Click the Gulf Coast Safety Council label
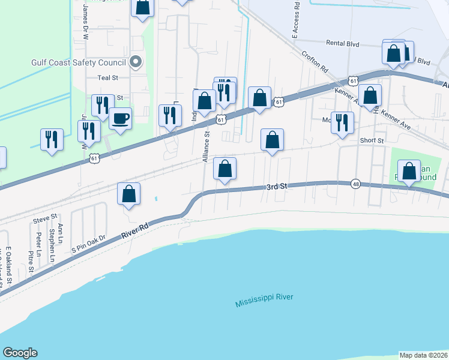tap(79, 62)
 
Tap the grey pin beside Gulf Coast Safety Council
tap(135, 62)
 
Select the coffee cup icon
tap(121, 118)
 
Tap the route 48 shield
tap(356, 184)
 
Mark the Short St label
tap(372, 140)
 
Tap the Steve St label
tap(44, 217)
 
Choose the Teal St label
tap(108, 77)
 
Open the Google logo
tap(20, 353)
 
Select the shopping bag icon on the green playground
tap(409, 172)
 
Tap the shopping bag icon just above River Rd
tap(128, 194)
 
